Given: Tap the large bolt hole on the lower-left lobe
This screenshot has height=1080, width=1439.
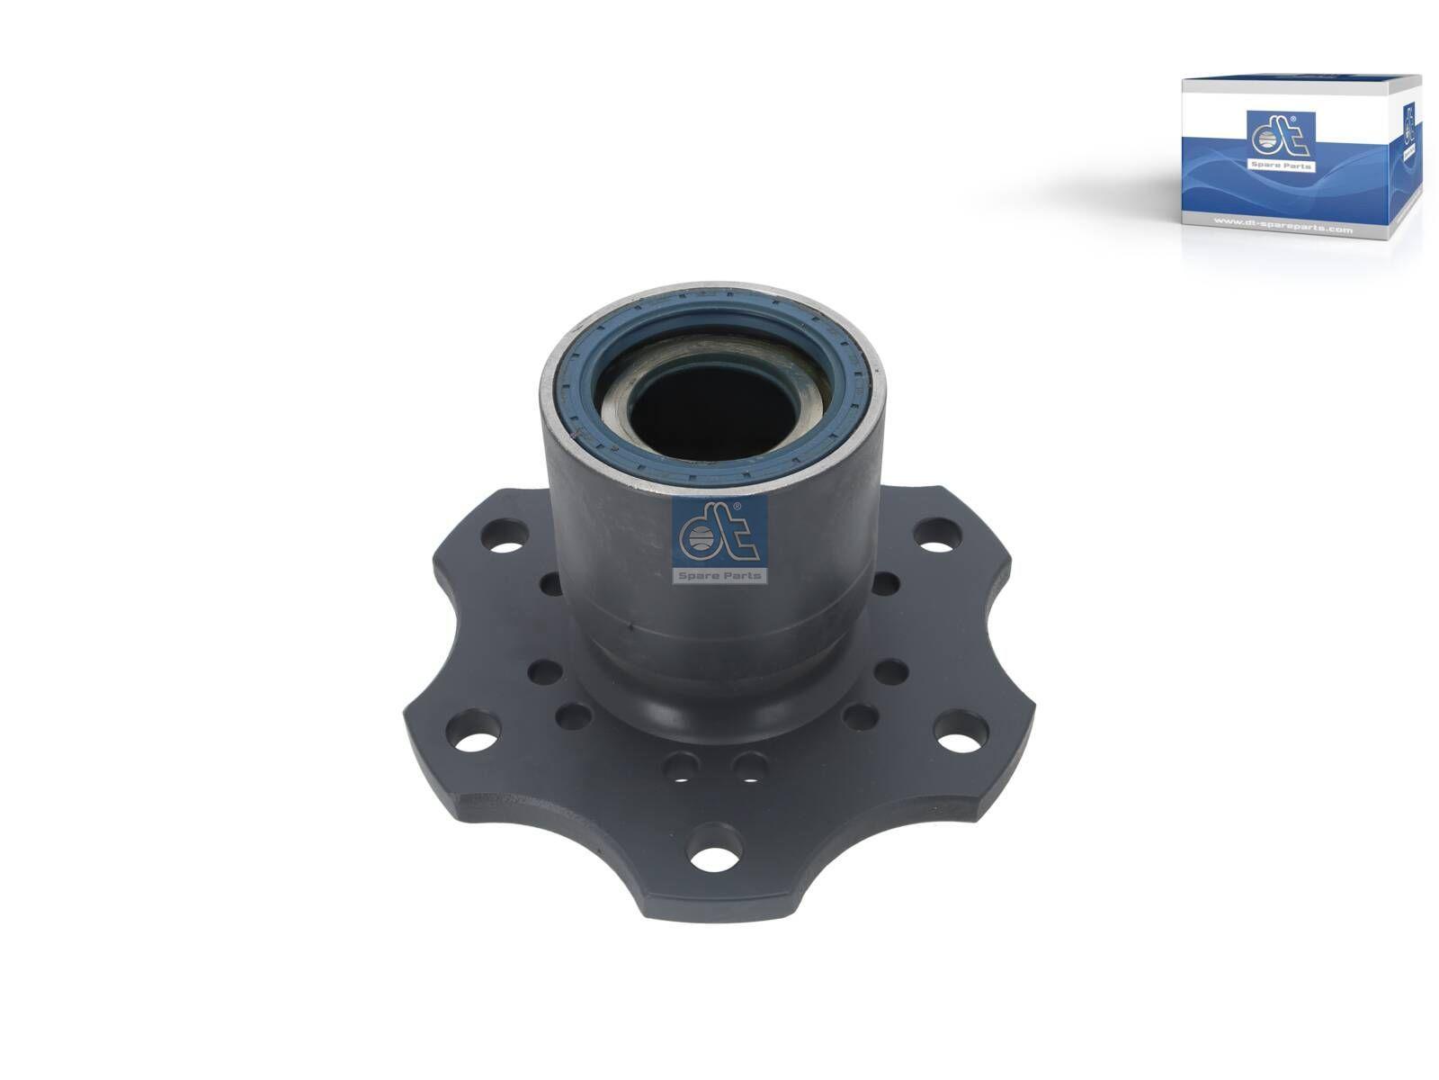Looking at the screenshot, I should coord(477,743).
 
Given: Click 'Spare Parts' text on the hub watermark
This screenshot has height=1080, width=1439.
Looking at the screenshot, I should coord(719,575).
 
